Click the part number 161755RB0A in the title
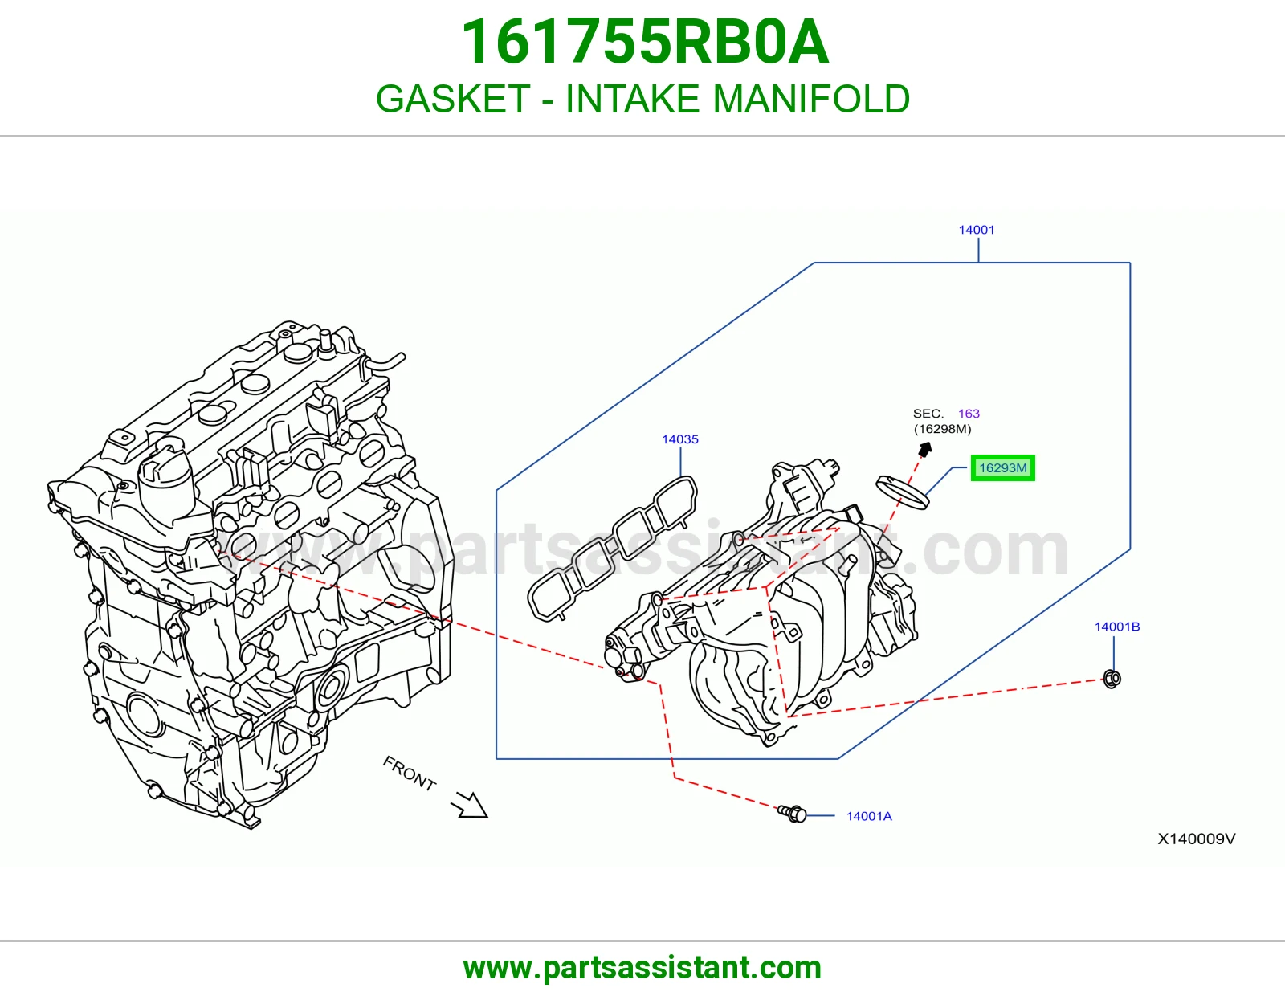click(x=645, y=42)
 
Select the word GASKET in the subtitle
click(x=453, y=99)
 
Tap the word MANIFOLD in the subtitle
click(x=811, y=99)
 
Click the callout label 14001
click(x=977, y=230)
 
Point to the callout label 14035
click(x=680, y=439)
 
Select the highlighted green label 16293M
click(x=1003, y=467)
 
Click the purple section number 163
click(x=969, y=414)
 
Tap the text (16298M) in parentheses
click(x=942, y=429)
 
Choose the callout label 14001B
click(x=1117, y=627)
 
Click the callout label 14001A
click(x=869, y=816)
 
